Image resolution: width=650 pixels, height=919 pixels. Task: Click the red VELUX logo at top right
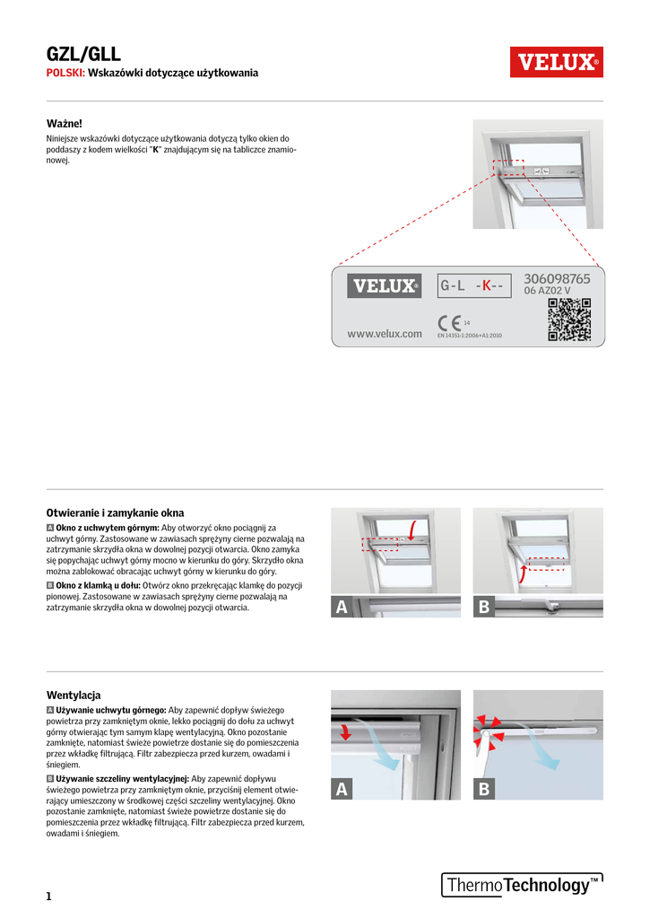pos(556,62)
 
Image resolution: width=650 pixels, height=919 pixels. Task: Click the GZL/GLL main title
pos(83,55)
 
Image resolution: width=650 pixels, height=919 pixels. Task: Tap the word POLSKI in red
pos(65,73)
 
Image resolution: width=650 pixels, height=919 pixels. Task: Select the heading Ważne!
pos(65,123)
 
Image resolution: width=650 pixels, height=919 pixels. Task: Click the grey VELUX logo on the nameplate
pos(384,286)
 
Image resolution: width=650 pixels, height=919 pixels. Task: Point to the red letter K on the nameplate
pos(485,286)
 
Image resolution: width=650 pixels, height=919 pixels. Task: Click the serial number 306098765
pos(557,279)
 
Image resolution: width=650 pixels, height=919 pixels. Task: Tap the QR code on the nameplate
pos(568,320)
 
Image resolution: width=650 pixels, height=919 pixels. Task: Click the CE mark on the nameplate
pos(448,322)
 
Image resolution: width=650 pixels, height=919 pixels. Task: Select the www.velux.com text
pos(384,334)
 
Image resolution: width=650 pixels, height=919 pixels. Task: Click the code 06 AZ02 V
pos(547,292)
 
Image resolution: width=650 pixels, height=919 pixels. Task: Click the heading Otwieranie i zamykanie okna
pos(115,512)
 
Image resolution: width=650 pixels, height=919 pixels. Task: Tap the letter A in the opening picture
pos(341,608)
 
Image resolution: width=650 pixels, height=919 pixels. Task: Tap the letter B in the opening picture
pos(484,608)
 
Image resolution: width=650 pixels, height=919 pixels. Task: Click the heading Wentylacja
pos(74,695)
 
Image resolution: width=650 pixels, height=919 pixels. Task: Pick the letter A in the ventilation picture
pos(341,790)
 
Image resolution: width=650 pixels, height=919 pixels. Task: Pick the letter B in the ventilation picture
pos(484,790)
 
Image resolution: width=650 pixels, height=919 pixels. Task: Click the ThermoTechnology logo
pos(521,885)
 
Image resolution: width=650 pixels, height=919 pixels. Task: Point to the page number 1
pos(49,896)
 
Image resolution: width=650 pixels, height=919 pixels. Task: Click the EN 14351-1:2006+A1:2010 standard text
pos(469,335)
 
